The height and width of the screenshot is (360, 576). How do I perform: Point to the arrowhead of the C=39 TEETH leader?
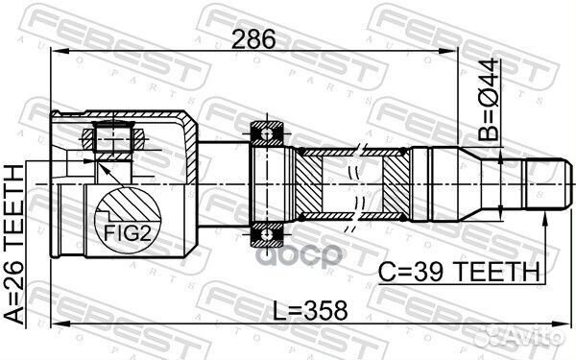543,220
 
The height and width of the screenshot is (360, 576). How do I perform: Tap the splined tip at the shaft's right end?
543,181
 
